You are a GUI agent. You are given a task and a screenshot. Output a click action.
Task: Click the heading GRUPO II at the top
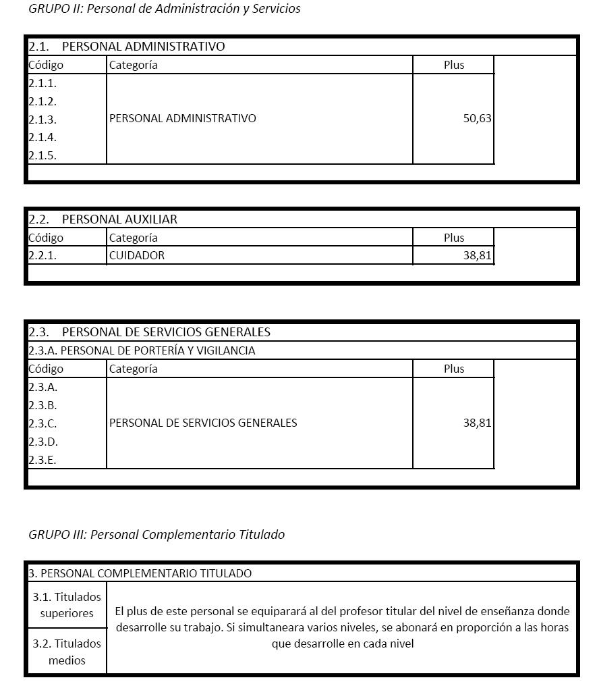[x=164, y=9]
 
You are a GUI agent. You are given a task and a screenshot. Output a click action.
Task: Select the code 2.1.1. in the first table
[x=42, y=84]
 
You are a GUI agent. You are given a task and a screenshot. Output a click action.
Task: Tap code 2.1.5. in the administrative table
[x=42, y=155]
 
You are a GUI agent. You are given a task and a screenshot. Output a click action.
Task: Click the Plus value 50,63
[x=477, y=119]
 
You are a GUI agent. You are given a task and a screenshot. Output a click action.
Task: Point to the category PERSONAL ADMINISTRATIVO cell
[x=183, y=119]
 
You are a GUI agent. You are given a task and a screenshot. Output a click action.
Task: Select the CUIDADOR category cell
[x=137, y=255]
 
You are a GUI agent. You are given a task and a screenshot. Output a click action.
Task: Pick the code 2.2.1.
[x=42, y=255]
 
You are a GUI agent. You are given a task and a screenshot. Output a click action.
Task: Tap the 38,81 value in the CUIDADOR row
[x=477, y=255]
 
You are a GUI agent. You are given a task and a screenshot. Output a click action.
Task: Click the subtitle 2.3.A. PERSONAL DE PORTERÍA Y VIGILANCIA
[x=142, y=350]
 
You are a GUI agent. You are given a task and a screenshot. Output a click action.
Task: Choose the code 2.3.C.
[x=42, y=424]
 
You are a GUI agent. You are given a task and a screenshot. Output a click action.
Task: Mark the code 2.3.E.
[x=42, y=461]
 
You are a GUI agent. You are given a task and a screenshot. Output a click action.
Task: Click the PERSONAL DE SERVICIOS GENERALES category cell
[x=203, y=423]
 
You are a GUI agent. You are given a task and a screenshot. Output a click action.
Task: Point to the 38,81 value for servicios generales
[x=477, y=423]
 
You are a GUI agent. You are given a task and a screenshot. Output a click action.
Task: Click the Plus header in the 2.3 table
[x=454, y=369]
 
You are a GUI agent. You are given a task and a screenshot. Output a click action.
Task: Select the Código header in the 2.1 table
[x=46, y=65]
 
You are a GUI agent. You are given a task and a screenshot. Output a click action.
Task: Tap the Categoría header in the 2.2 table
[x=133, y=238]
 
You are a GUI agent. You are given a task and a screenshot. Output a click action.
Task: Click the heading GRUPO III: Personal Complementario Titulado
[x=157, y=534]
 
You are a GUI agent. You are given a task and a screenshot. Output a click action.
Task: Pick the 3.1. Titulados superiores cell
[x=66, y=605]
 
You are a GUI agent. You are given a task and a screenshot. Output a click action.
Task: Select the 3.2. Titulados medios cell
[x=66, y=652]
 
